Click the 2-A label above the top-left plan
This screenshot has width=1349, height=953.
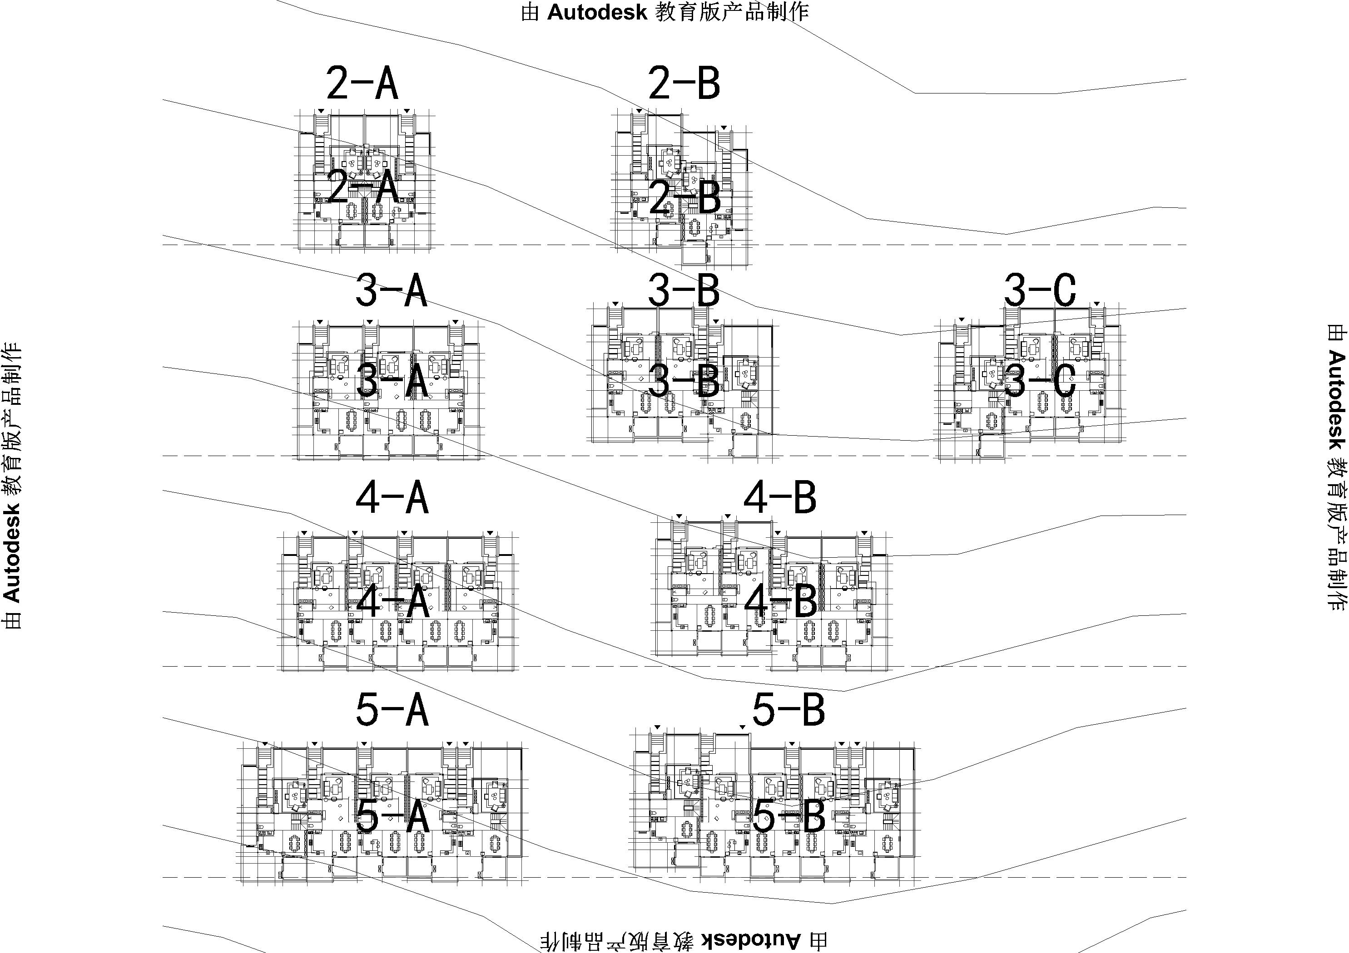point(362,84)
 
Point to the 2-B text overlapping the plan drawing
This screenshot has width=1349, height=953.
point(685,198)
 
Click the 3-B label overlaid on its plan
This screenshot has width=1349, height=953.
point(684,382)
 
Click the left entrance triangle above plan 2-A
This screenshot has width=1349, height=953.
point(321,110)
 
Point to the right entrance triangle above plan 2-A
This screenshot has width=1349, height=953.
point(407,110)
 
